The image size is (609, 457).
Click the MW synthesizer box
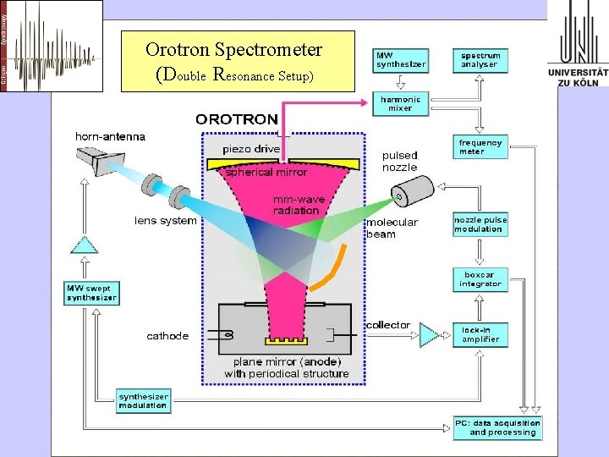[400, 60]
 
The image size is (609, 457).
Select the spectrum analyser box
[480, 60]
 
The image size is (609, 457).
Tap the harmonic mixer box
[400, 104]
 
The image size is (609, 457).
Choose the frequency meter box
[480, 147]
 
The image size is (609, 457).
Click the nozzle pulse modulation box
[480, 224]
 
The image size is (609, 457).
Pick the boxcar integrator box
[480, 279]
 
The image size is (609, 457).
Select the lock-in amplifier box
[480, 335]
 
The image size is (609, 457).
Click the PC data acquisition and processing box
[497, 427]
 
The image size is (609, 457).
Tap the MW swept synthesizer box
[91, 293]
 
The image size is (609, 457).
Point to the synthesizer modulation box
[143, 400]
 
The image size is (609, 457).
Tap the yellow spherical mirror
[287, 161]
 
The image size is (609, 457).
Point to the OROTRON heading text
[236, 119]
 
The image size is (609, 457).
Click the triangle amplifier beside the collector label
[430, 335]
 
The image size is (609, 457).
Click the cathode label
[167, 336]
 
